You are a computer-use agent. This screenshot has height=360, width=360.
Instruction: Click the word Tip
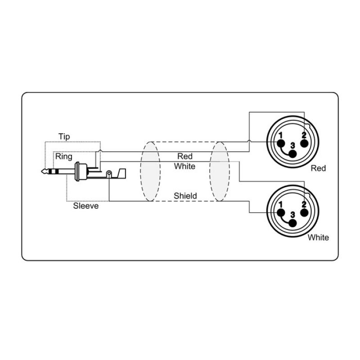coord(64,136)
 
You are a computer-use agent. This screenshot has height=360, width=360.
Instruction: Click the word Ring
coord(64,157)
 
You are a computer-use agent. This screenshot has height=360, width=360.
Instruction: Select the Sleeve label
coord(86,206)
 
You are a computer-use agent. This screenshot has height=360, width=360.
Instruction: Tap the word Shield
coord(185,196)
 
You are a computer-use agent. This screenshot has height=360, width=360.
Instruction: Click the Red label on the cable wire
coord(185,156)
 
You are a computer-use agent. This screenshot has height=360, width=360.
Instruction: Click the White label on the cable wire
coord(184,166)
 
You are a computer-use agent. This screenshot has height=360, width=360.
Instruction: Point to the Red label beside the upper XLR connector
coord(318,168)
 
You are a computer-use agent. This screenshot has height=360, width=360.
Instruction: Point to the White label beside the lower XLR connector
coord(318,238)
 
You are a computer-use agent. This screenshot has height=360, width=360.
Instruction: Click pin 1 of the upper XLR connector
coord(281,143)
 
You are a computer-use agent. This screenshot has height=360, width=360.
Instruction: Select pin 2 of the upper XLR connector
coord(305,143)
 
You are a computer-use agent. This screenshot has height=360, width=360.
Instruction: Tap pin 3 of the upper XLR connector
coord(292,154)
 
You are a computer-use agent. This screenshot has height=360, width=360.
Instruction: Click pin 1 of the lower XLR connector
coord(281,212)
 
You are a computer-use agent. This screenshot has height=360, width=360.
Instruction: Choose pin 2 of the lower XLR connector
coord(305,212)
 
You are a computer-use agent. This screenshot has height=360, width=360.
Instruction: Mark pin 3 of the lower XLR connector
coord(292,223)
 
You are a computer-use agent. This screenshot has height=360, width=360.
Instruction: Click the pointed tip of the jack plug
coord(42,171)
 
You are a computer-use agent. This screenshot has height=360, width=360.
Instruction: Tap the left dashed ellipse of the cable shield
coord(150,171)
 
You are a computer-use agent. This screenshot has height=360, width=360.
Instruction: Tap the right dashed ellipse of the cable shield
coord(220,171)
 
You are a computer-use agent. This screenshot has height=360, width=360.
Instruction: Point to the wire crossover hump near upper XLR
coord(249,141)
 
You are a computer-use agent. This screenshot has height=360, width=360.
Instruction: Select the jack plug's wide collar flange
coord(77,171)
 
